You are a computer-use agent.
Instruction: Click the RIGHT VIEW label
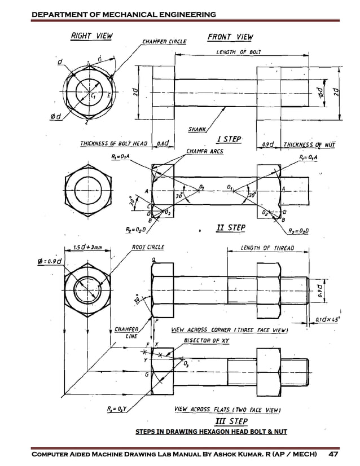(91, 36)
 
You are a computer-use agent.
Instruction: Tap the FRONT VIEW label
(230, 37)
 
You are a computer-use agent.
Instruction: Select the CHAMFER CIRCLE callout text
(164, 41)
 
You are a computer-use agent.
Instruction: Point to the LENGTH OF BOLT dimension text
(238, 52)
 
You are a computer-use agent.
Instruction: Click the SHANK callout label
(196, 129)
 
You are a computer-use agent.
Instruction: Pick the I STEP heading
(229, 139)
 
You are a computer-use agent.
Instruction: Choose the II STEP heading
(231, 228)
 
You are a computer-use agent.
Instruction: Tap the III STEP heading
(231, 421)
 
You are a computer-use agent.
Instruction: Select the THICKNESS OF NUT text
(309, 144)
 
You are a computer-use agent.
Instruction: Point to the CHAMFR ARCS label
(205, 151)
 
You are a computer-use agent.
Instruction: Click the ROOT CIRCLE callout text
(148, 247)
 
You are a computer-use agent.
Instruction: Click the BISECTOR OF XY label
(205, 341)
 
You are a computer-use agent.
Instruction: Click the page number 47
(333, 454)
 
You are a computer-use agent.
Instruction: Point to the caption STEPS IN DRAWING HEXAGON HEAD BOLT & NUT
(212, 432)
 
